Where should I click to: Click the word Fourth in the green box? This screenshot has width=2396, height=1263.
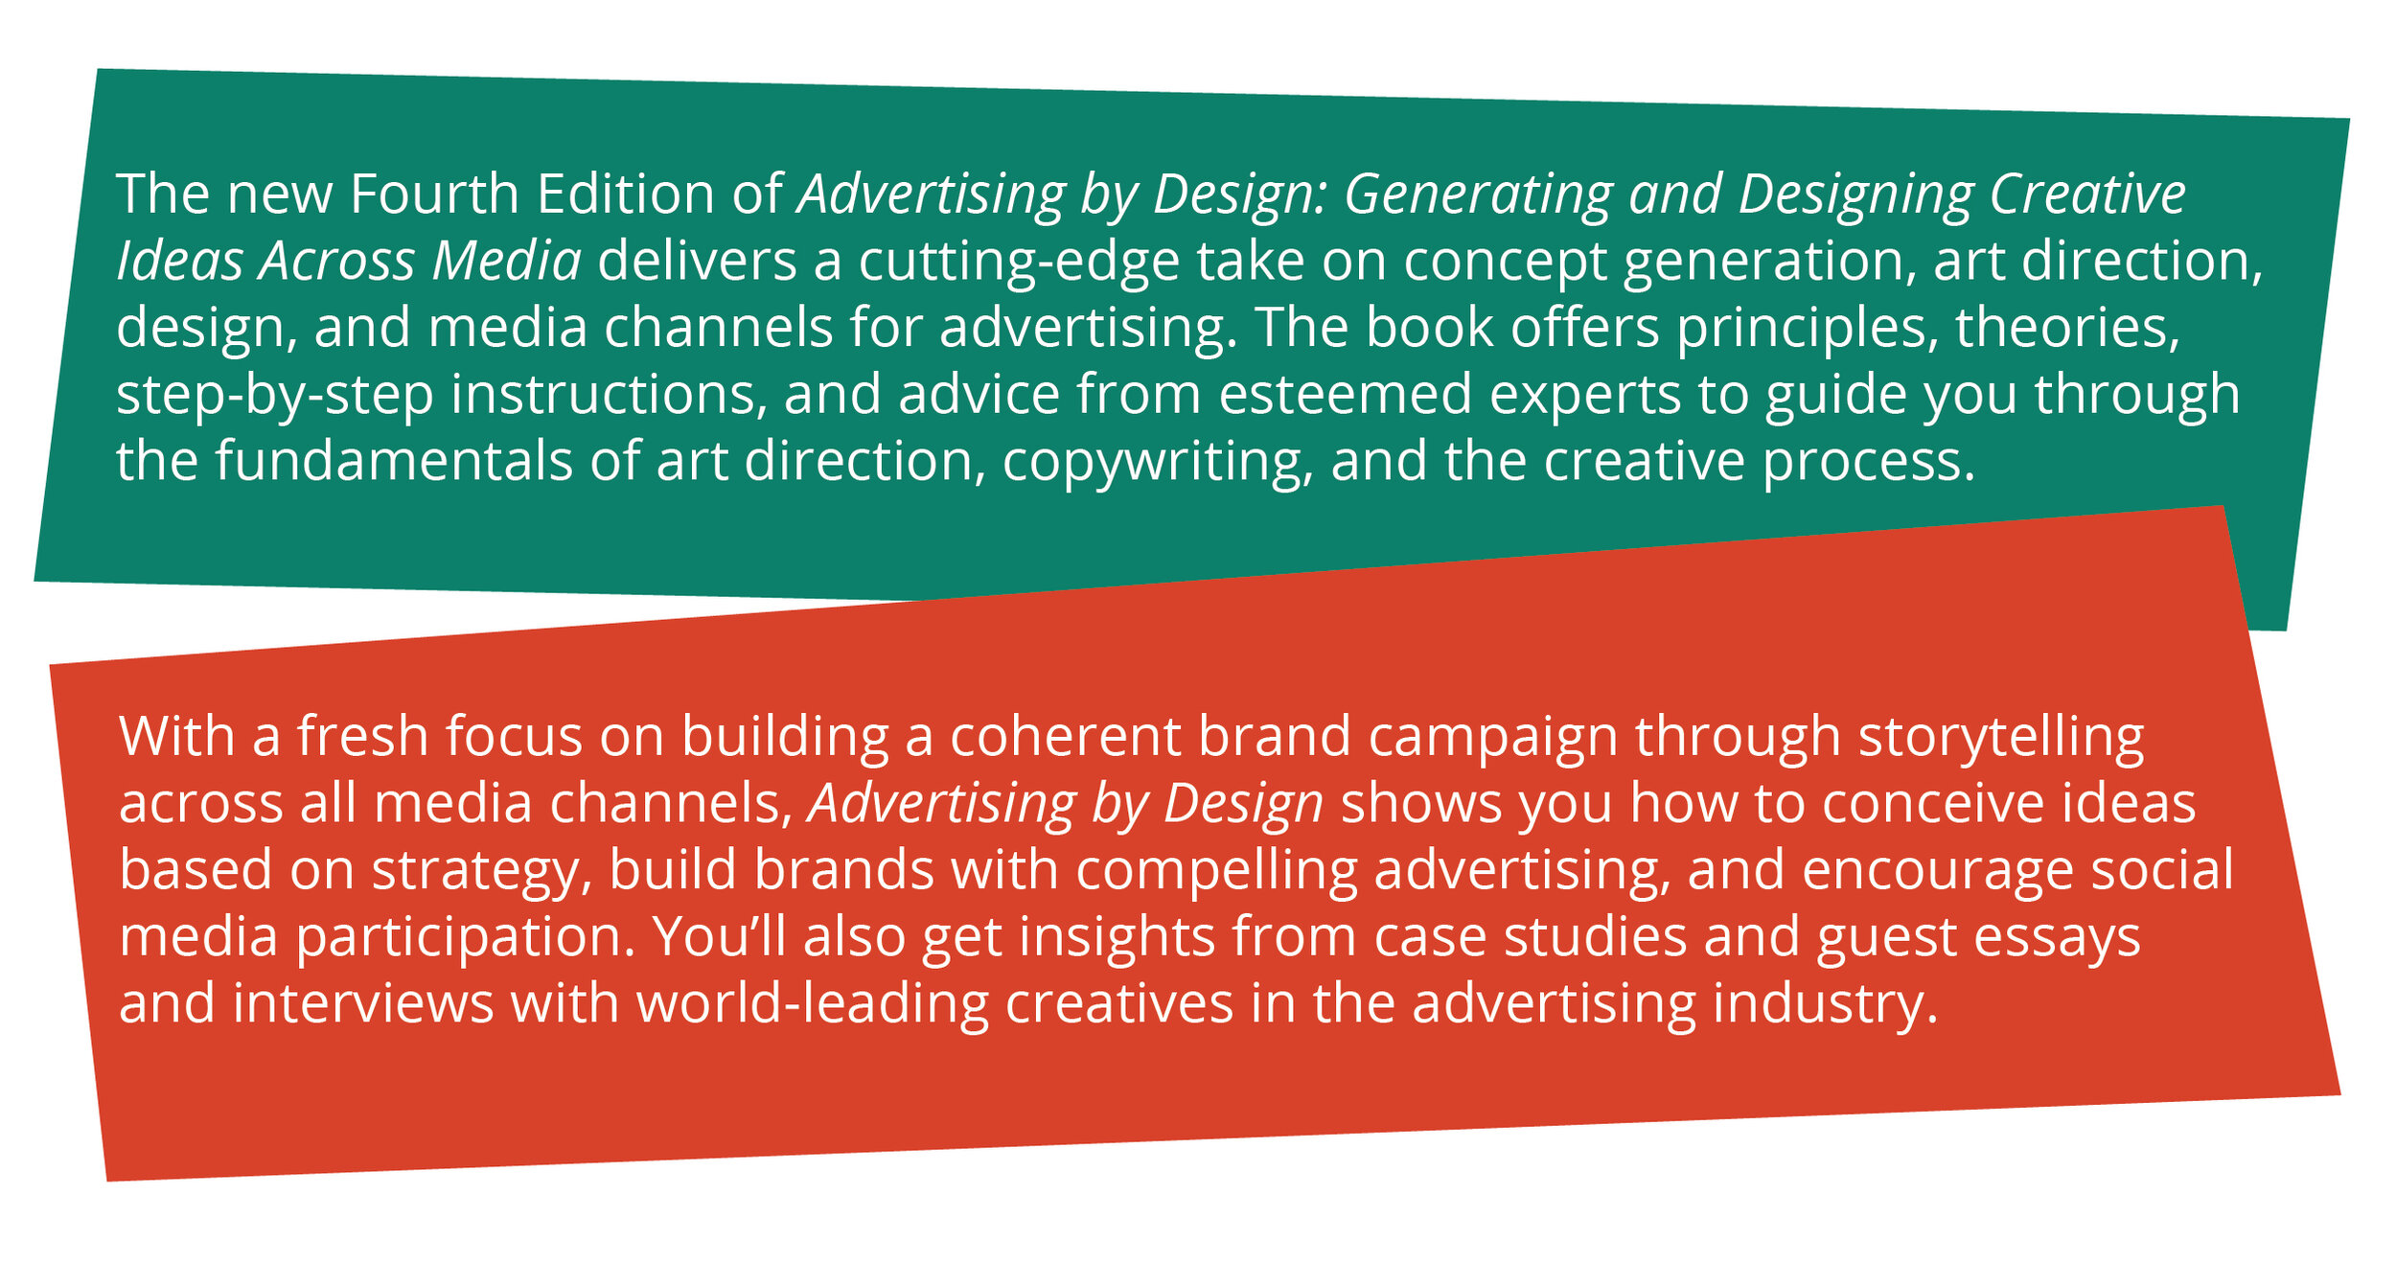pos(433,195)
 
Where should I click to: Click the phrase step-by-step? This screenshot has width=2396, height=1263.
pos(274,396)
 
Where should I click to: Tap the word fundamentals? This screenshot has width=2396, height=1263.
pos(393,462)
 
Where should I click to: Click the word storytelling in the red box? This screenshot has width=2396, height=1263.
pos(2001,738)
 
